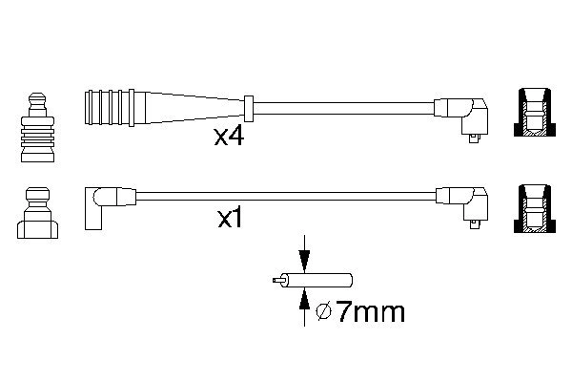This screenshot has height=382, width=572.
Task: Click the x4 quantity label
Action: [229, 138]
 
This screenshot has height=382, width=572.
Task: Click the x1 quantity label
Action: [230, 219]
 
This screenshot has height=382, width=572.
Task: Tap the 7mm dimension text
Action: [370, 312]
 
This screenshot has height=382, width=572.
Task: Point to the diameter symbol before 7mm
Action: [323, 313]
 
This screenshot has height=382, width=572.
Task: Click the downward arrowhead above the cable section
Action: [304, 262]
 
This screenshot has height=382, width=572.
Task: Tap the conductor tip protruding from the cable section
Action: [276, 281]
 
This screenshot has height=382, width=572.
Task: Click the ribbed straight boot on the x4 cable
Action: [115, 108]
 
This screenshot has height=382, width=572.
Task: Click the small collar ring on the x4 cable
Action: [249, 108]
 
